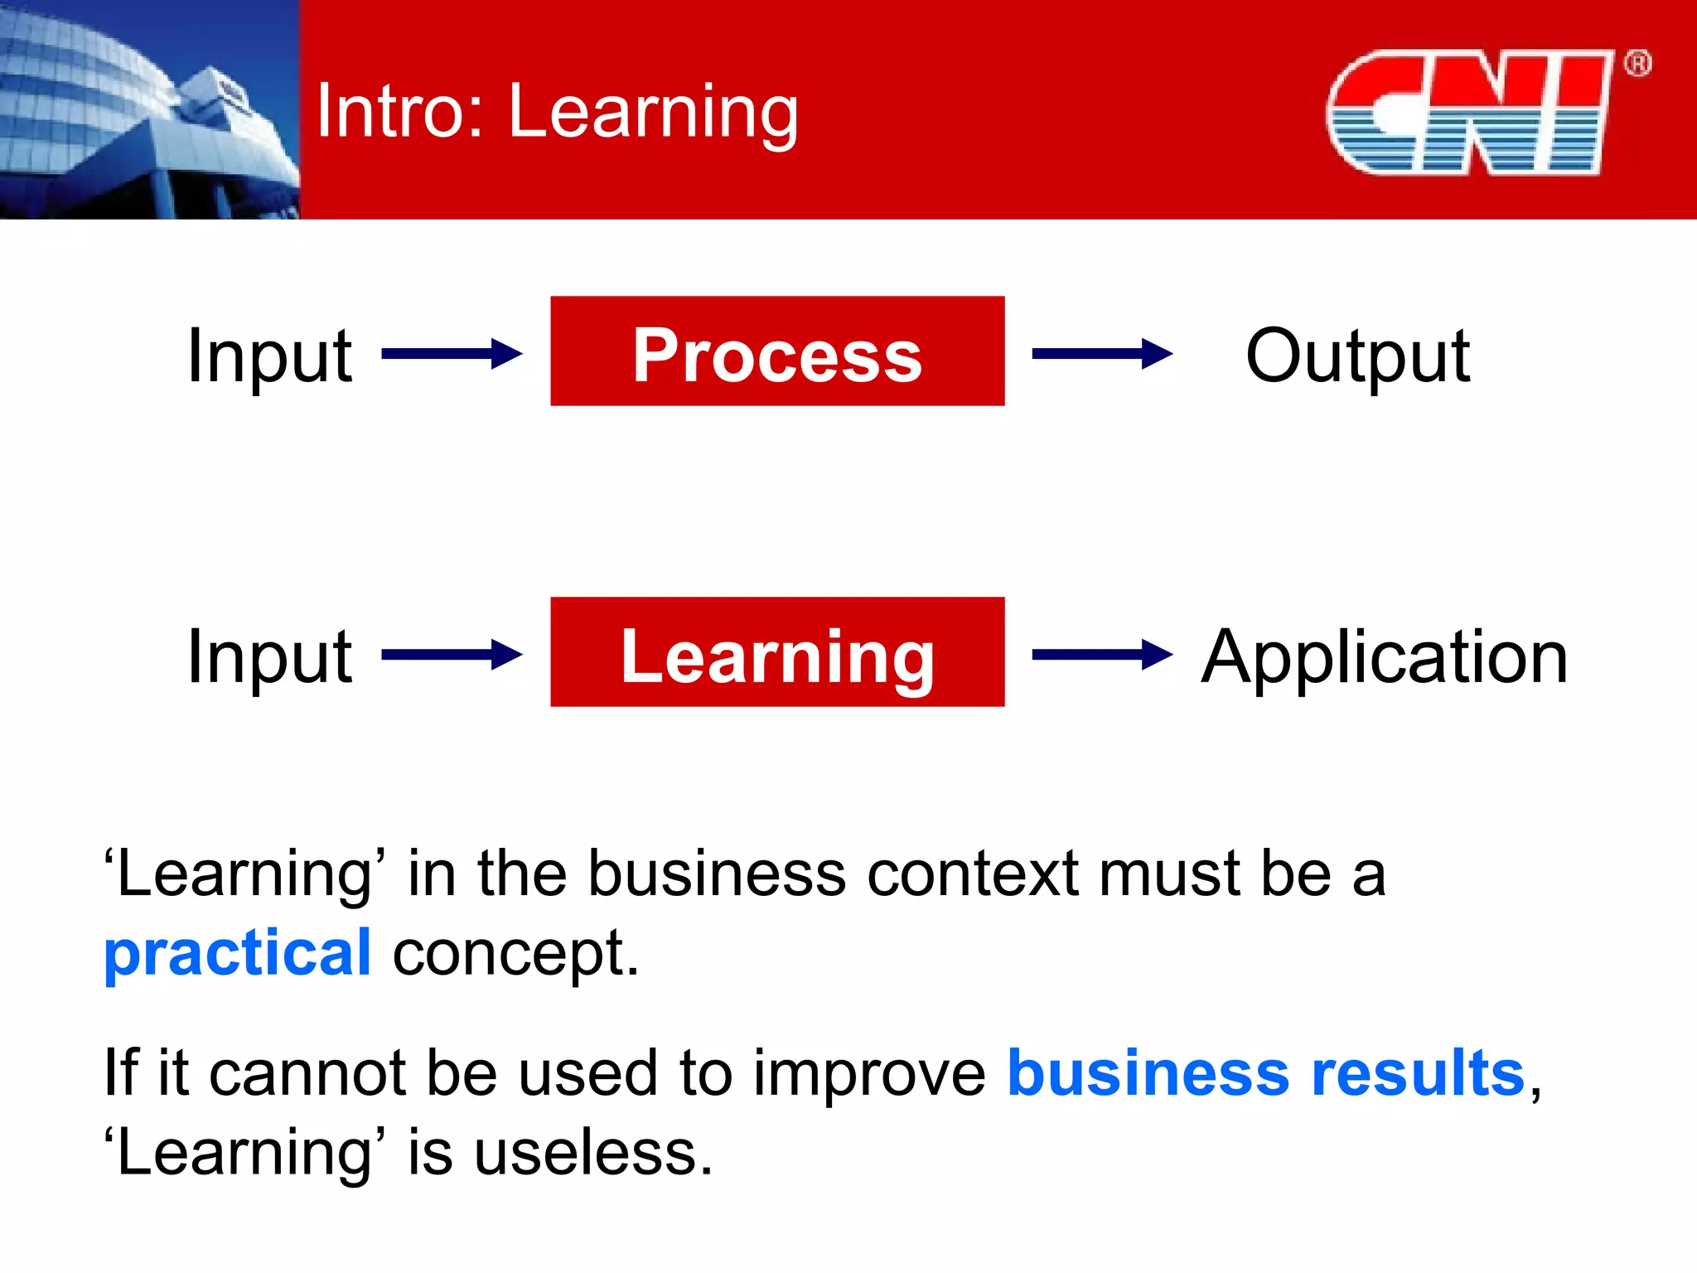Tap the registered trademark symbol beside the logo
point(1637,64)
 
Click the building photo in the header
point(149,109)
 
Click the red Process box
point(777,351)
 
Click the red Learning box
point(777,652)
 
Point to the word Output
point(1357,356)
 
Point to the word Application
point(1384,656)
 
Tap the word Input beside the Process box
point(269,356)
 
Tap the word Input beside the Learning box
point(269,656)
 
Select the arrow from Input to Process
point(452,354)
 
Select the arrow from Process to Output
point(1102,354)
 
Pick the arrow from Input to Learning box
point(452,655)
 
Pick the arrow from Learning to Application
point(1102,655)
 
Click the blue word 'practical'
point(237,953)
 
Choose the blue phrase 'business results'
point(1265,1072)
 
